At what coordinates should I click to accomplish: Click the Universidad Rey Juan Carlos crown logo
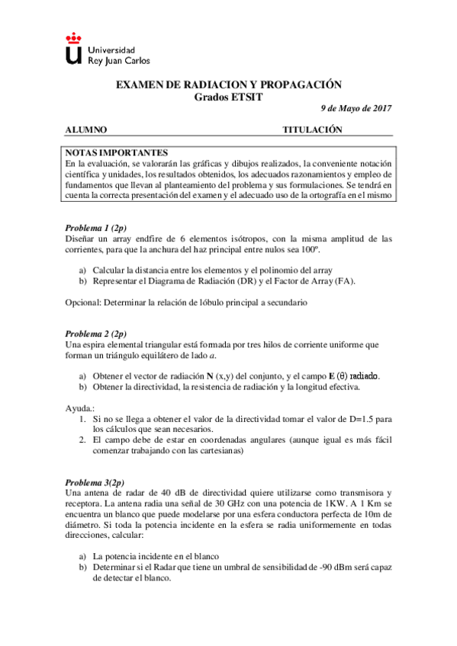(73, 49)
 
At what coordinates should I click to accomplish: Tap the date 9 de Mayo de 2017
(355, 108)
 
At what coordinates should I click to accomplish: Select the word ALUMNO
(85, 130)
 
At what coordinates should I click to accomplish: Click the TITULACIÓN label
(313, 130)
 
